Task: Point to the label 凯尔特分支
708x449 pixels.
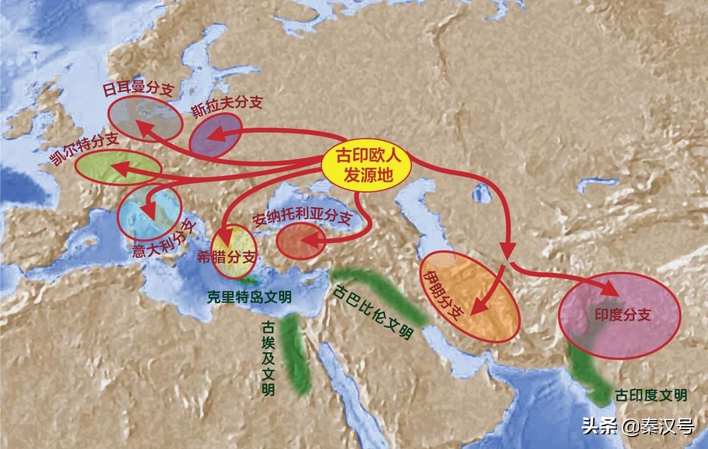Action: coord(84,150)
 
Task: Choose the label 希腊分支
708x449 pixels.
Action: coord(235,257)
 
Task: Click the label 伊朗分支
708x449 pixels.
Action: coord(444,291)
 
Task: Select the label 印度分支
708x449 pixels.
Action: coord(622,315)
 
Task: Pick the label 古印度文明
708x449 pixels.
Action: coord(651,395)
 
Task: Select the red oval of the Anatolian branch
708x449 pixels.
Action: coord(300,241)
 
